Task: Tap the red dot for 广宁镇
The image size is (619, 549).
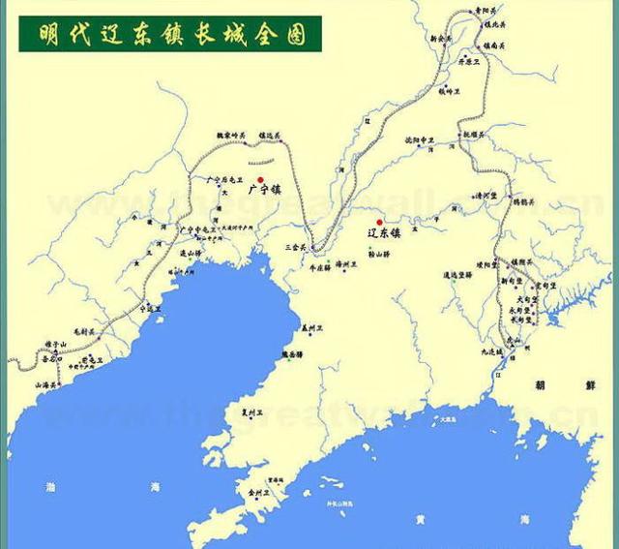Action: tap(260, 180)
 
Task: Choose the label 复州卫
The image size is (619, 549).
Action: tap(252, 412)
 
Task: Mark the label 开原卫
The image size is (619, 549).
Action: tap(470, 60)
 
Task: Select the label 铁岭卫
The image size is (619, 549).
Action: tap(446, 91)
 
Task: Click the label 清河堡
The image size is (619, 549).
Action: tap(485, 196)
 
